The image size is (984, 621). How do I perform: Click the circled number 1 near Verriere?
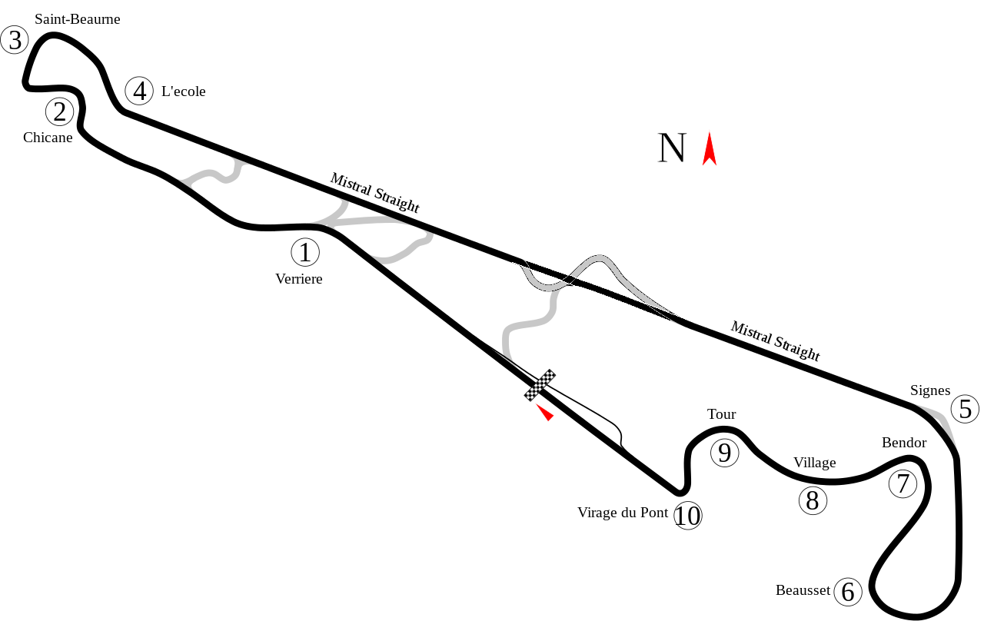(x=305, y=252)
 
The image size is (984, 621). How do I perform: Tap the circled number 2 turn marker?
(x=60, y=112)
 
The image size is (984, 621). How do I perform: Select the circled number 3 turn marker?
(x=15, y=40)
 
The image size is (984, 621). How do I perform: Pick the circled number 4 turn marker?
(x=139, y=91)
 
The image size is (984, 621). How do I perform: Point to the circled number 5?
(x=965, y=410)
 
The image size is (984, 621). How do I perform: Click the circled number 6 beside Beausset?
(x=848, y=592)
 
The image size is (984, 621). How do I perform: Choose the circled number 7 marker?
(x=903, y=484)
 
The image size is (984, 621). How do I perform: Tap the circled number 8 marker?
(x=813, y=501)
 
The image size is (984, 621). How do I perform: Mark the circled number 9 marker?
(x=724, y=453)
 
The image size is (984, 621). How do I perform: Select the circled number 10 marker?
(x=688, y=516)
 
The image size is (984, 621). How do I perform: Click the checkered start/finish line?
(x=540, y=385)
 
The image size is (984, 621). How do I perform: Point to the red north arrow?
(x=710, y=149)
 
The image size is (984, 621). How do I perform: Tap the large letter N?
(x=672, y=148)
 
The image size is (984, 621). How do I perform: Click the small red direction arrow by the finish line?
(x=545, y=413)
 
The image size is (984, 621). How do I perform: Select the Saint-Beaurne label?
(x=78, y=19)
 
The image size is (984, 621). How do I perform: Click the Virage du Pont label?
(x=623, y=513)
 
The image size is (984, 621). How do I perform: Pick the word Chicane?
(x=48, y=138)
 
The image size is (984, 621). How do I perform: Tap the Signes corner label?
(x=930, y=390)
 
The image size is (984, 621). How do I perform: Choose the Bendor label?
(x=904, y=443)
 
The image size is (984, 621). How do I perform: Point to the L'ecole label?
(x=183, y=91)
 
